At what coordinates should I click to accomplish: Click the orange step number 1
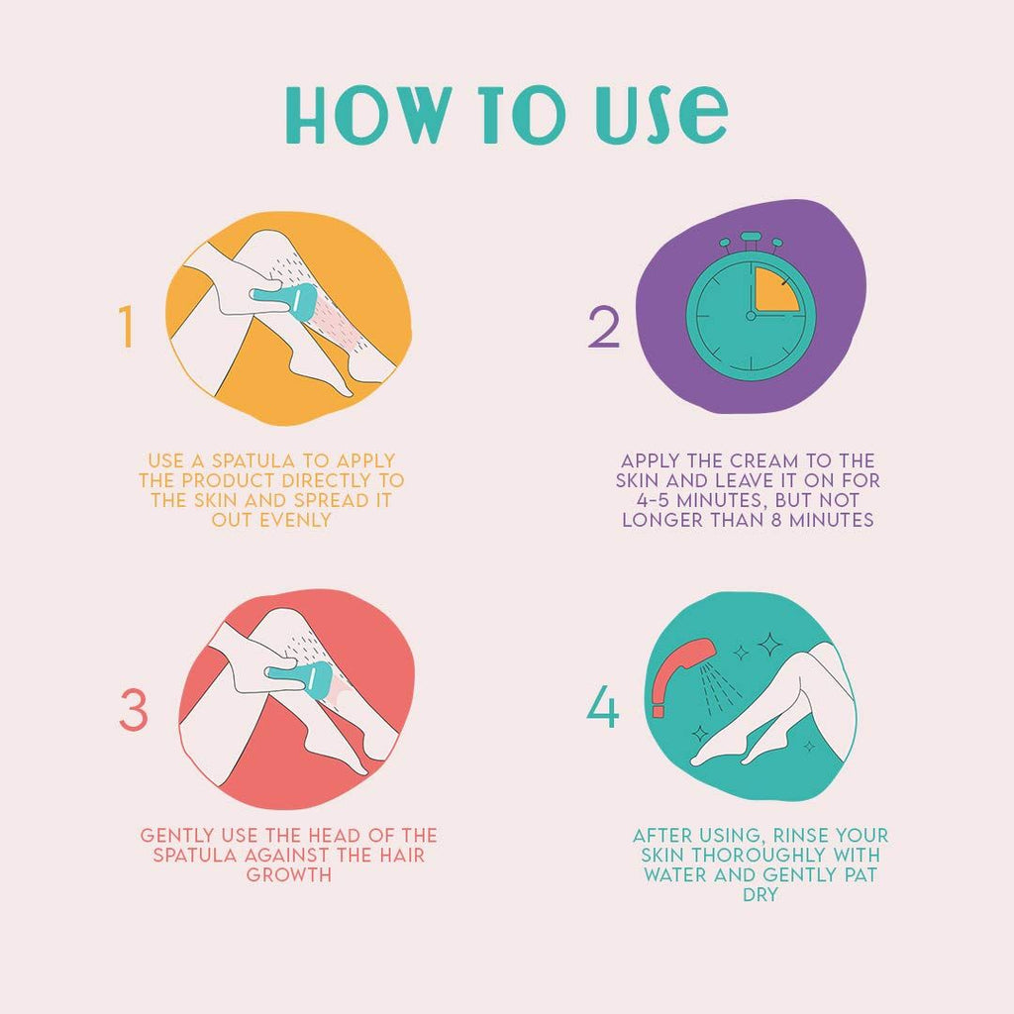point(126,327)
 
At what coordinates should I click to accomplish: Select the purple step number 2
point(604,327)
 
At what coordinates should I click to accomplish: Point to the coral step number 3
point(134,709)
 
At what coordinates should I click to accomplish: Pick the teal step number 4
point(602,707)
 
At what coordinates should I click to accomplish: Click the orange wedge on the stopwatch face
point(773,290)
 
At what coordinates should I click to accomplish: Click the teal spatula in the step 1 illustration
point(284,302)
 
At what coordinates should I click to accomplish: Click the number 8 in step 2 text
point(776,520)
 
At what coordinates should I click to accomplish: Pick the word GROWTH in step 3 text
point(288,875)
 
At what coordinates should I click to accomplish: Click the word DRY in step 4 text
point(760,895)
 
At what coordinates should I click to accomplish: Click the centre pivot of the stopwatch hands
point(751,316)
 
